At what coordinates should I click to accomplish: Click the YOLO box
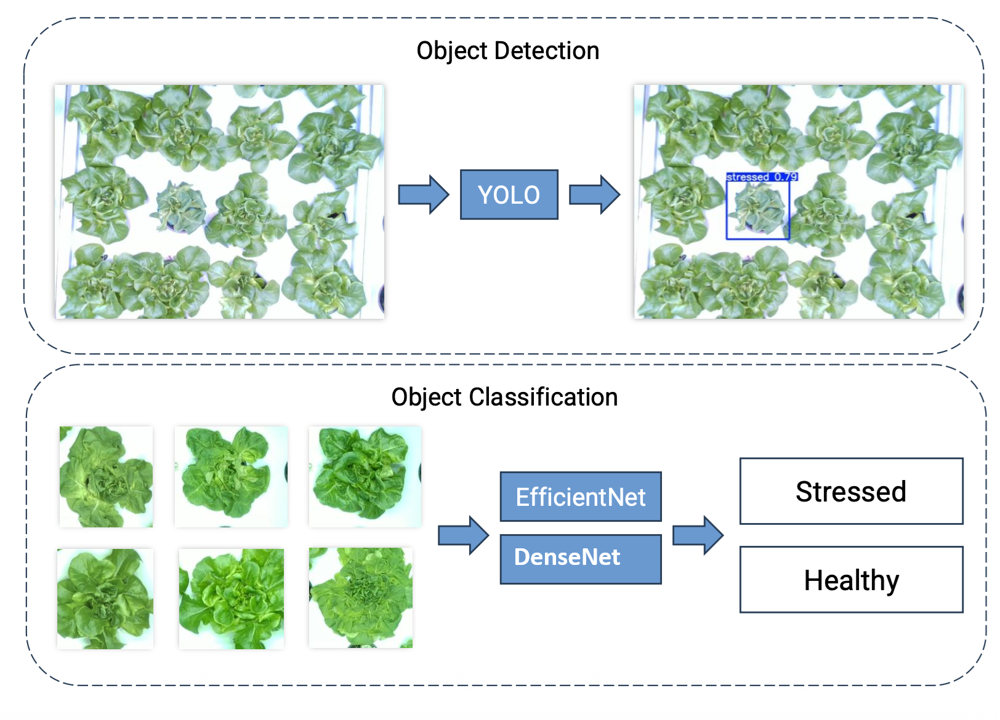509,194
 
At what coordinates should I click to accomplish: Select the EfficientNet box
580,497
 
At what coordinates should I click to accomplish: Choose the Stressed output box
851,491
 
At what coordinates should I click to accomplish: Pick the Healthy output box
851,580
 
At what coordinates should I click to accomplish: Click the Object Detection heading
507,50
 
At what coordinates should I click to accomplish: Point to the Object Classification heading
504,397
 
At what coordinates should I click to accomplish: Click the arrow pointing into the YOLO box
424,194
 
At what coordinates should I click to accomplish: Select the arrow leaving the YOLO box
594,194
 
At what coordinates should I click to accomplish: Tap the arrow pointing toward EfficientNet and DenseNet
463,535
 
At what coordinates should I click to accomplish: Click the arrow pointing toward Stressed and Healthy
698,535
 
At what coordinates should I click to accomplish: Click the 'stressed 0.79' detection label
762,177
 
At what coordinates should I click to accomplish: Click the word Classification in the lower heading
543,397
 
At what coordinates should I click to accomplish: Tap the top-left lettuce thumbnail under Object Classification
106,477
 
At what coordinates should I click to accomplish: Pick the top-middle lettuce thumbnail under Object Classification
231,477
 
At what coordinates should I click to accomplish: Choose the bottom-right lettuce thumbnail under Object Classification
361,598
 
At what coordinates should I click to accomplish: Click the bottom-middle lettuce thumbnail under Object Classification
232,599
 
